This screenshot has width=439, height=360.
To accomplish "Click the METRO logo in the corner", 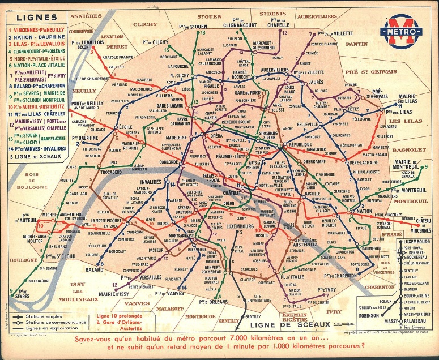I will pyautogui.click(x=401, y=31).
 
